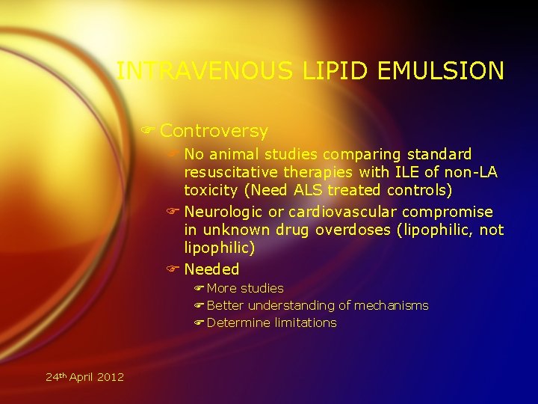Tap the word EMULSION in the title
point(441,71)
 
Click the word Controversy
point(214,131)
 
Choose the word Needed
point(211,269)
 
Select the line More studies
point(245,288)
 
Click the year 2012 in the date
point(110,376)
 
